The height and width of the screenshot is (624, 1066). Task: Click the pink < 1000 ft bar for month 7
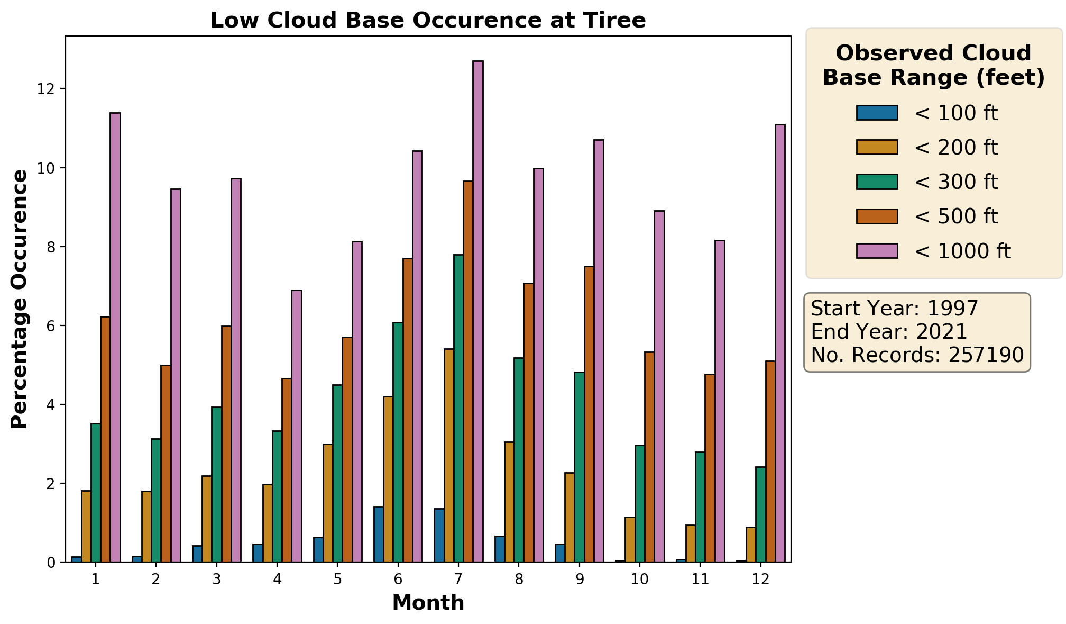[x=478, y=311]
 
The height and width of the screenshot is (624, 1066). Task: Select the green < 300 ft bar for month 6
[x=398, y=442]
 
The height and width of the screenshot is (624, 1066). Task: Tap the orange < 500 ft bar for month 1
[x=105, y=439]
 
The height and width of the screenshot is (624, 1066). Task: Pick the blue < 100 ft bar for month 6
[x=378, y=535]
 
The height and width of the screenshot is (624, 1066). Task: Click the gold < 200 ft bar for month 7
[x=448, y=455]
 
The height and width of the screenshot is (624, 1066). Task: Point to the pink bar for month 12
[x=780, y=343]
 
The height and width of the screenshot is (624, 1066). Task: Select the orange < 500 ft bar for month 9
[x=589, y=414]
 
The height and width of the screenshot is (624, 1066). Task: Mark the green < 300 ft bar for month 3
[x=216, y=484]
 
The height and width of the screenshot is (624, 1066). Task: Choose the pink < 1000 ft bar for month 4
[x=297, y=426]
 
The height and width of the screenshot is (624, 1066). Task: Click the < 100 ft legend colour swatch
[x=877, y=113]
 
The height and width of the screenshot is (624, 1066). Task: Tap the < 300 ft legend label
[x=956, y=182]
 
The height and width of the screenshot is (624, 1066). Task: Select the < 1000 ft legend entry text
[x=962, y=251]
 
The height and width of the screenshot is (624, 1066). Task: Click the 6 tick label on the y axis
[x=51, y=326]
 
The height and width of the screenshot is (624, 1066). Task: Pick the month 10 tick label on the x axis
[x=640, y=580]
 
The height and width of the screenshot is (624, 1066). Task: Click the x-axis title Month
[x=428, y=603]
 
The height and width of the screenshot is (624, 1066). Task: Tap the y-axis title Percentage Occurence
[x=20, y=299]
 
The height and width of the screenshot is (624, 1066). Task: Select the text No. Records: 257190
[x=917, y=355]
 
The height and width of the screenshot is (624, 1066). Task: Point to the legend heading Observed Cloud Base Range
[x=934, y=66]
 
